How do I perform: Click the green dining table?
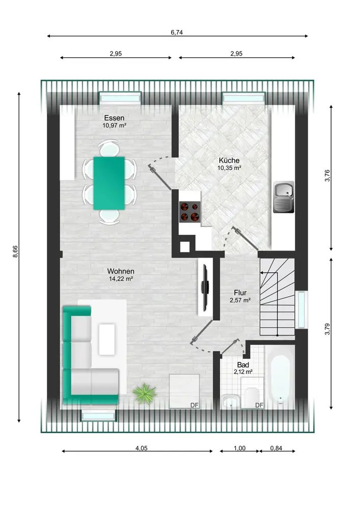pos(109,183)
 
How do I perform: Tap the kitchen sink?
pos(284,196)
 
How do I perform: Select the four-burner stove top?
pos(190,212)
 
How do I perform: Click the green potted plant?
pos(145,394)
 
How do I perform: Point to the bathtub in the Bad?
pos(280,377)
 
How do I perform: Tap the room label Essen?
pos(114,118)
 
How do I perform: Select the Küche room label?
pos(229,160)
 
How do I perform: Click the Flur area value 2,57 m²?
pos(240,300)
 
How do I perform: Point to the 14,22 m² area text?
pos(121,278)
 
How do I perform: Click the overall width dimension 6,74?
pos(177,32)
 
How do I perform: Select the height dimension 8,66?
pos(15,251)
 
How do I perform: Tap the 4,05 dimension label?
pos(142,448)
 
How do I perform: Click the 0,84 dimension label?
pos(276,448)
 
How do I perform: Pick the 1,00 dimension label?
pos(239,448)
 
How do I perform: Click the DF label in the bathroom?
pos(259,405)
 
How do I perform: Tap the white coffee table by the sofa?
pos(107,339)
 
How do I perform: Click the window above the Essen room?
pos(120,98)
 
